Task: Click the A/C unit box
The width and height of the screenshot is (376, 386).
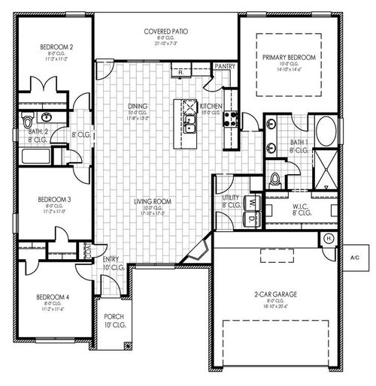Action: click(354, 258)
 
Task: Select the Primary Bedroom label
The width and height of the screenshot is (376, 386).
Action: click(289, 58)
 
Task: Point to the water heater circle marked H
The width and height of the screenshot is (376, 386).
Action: click(329, 238)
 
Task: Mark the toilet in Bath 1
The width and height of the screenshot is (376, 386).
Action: click(276, 179)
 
